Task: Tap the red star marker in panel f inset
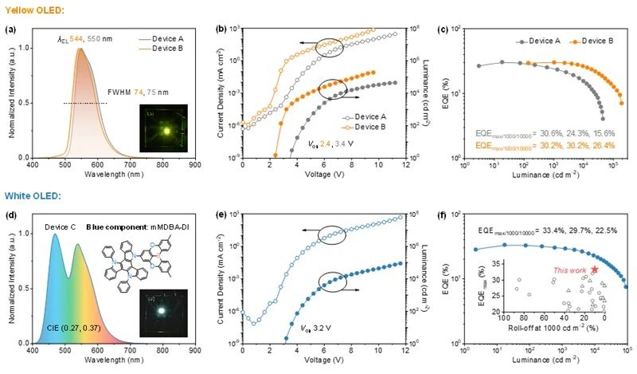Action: tap(594, 270)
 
